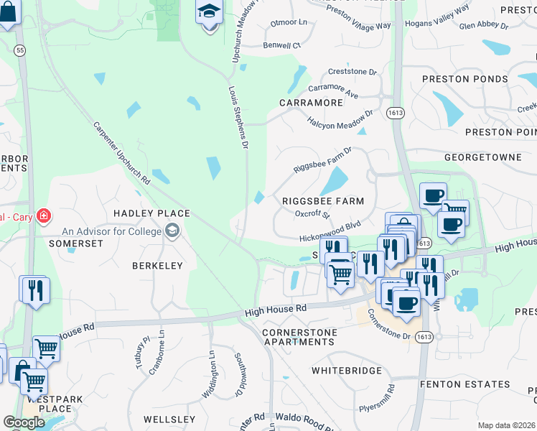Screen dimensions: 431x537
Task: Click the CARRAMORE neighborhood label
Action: click(311, 103)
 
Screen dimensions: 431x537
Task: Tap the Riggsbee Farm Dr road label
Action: click(323, 160)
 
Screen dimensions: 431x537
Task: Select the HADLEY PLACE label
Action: click(151, 213)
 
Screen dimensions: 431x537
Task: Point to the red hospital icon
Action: click(44, 215)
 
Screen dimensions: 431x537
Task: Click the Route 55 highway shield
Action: click(19, 50)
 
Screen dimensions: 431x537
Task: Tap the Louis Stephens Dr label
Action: click(238, 119)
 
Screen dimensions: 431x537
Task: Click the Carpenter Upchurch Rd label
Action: click(121, 152)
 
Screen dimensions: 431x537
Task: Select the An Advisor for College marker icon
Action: click(172, 231)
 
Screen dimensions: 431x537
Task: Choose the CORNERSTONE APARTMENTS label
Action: click(298, 338)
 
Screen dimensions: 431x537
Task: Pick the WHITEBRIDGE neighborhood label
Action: click(347, 370)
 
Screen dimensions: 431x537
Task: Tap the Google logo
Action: click(24, 422)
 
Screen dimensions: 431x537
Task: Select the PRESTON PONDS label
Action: click(466, 79)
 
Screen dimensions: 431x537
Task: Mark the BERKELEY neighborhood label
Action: click(157, 265)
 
